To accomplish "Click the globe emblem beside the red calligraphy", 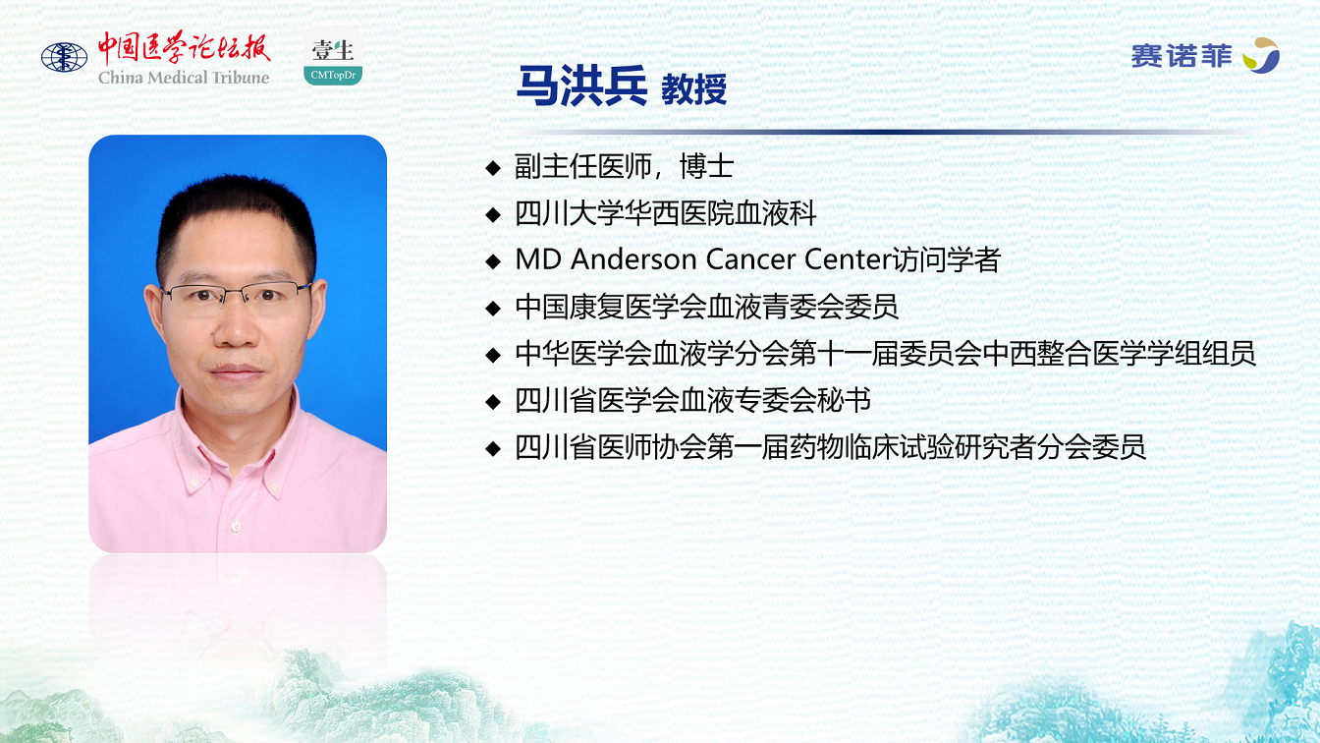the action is click(x=64, y=58).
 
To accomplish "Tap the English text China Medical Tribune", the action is click(x=184, y=78).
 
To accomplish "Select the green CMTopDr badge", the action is click(x=333, y=75).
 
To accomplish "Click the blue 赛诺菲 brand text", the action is click(x=1181, y=57).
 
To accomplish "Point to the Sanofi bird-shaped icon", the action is click(x=1261, y=55).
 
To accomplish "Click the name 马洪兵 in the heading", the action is click(x=581, y=86).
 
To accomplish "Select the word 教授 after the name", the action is click(x=693, y=89).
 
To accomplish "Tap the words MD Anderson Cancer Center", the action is click(x=703, y=259).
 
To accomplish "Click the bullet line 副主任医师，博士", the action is click(x=624, y=166).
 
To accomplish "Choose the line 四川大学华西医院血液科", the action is click(x=665, y=213).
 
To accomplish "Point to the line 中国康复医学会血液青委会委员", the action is click(x=706, y=307).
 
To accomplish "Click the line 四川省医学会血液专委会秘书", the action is click(x=693, y=401).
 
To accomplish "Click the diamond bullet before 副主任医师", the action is click(x=493, y=168).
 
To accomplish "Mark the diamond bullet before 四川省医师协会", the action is click(x=493, y=449).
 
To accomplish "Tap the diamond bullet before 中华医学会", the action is click(x=493, y=355).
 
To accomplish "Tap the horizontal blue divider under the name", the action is click(x=884, y=132).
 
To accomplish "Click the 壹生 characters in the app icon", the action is click(x=333, y=51).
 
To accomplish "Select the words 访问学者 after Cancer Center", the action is click(x=947, y=259).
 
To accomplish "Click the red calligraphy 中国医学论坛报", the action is click(x=184, y=48).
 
